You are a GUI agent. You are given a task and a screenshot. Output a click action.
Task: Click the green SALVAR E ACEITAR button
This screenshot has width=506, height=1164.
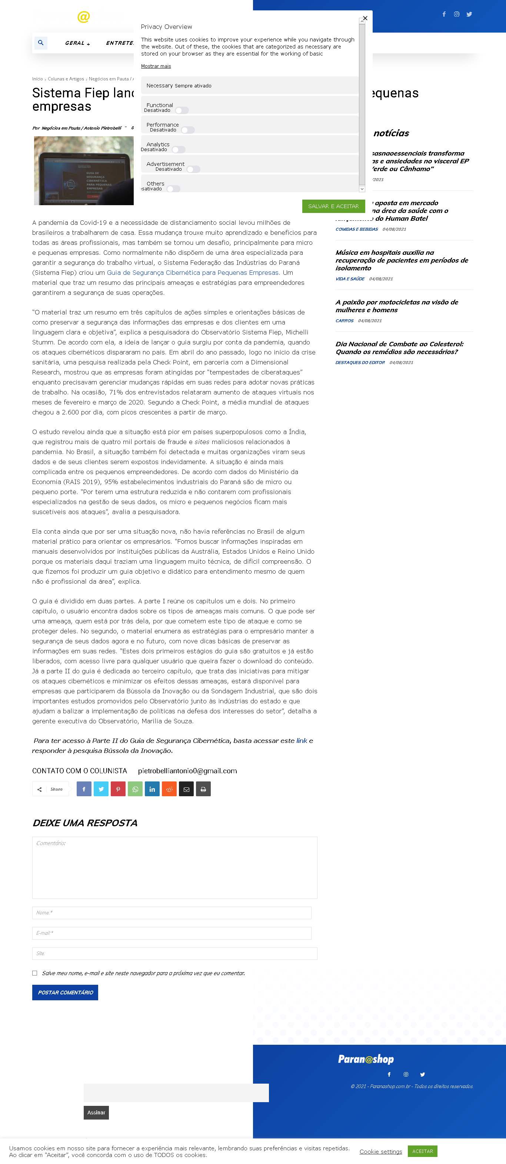tap(333, 206)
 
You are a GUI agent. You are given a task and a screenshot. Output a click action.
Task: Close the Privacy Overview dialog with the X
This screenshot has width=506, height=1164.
tap(365, 18)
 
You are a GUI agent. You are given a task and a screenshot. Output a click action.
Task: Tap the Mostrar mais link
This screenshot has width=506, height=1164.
tap(156, 66)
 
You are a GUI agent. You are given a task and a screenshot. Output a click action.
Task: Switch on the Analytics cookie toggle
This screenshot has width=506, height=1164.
tap(179, 150)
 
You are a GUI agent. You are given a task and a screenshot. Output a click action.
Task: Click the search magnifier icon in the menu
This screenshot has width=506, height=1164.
tap(41, 43)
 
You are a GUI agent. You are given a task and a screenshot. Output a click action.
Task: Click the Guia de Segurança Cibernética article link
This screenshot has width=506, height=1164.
tap(193, 273)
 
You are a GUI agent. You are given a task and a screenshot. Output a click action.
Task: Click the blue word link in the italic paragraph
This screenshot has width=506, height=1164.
tap(302, 741)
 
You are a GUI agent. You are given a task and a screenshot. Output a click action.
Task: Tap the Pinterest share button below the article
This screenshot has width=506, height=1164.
tap(118, 789)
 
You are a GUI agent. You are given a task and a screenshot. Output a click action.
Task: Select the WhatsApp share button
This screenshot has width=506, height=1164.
tap(135, 789)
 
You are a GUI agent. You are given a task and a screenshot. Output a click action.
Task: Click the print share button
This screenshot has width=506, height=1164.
tap(203, 789)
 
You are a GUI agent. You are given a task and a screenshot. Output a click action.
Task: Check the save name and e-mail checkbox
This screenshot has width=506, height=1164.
tap(35, 973)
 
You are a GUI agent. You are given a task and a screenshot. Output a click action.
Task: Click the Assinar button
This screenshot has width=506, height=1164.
tap(96, 1112)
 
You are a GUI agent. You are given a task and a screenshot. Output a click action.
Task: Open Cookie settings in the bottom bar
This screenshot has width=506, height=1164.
tap(380, 1151)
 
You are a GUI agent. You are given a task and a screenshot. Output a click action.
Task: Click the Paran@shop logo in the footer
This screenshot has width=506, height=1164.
tap(366, 1059)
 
